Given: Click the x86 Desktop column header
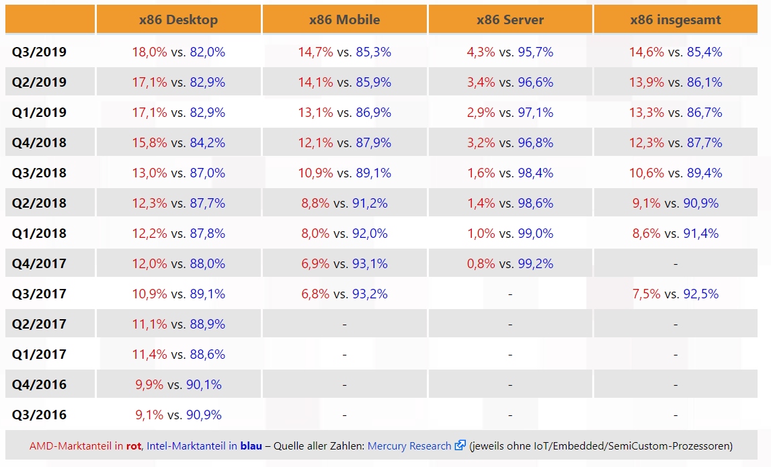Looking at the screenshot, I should coord(178,20).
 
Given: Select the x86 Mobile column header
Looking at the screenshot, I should coord(344,20).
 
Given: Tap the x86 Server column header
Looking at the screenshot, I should coord(510,20).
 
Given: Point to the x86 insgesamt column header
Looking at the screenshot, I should coord(676,20).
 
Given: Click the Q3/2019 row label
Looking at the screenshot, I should coord(39,52).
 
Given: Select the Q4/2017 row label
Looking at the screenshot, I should coord(39,263).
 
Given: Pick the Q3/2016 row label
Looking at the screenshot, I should coord(39,415).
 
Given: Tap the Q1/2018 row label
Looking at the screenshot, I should coord(39,233).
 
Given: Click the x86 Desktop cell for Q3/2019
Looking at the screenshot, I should coord(178,52).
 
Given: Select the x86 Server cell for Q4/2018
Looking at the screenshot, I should coord(510,142).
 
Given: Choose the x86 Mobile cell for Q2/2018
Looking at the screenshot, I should coord(344,203).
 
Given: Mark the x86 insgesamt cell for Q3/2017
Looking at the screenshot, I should coord(676,294).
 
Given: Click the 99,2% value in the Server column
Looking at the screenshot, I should coord(536,263).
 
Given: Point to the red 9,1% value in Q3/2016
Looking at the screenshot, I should coord(149,415).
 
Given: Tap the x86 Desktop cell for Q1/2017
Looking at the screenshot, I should coord(178,354).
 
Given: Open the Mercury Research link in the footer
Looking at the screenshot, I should coord(409,445).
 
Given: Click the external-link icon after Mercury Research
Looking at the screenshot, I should coord(460,445).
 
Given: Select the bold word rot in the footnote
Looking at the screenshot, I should coord(134,445).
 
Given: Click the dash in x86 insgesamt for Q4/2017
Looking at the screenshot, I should coord(676,264).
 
